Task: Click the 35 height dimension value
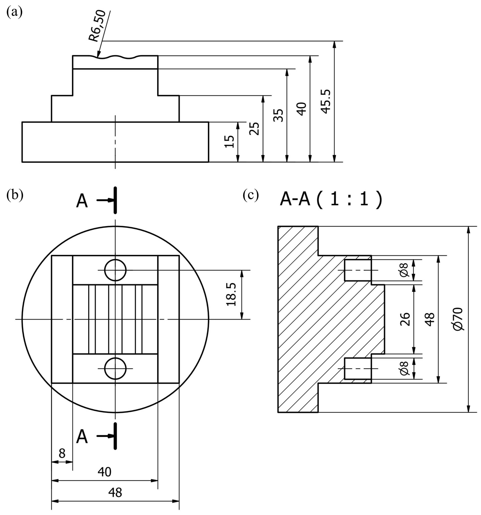278,115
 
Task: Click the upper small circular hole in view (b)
115,270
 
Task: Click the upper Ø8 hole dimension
404,270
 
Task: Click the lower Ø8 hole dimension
404,368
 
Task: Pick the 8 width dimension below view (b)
62,453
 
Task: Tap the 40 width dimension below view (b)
104,472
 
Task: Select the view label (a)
14,12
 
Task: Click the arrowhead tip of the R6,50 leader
97,57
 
